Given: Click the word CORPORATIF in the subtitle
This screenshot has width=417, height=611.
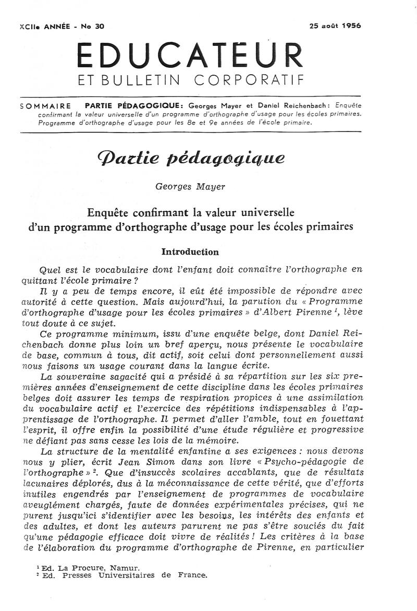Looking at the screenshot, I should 249,80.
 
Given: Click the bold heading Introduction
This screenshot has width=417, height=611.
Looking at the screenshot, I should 190,252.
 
